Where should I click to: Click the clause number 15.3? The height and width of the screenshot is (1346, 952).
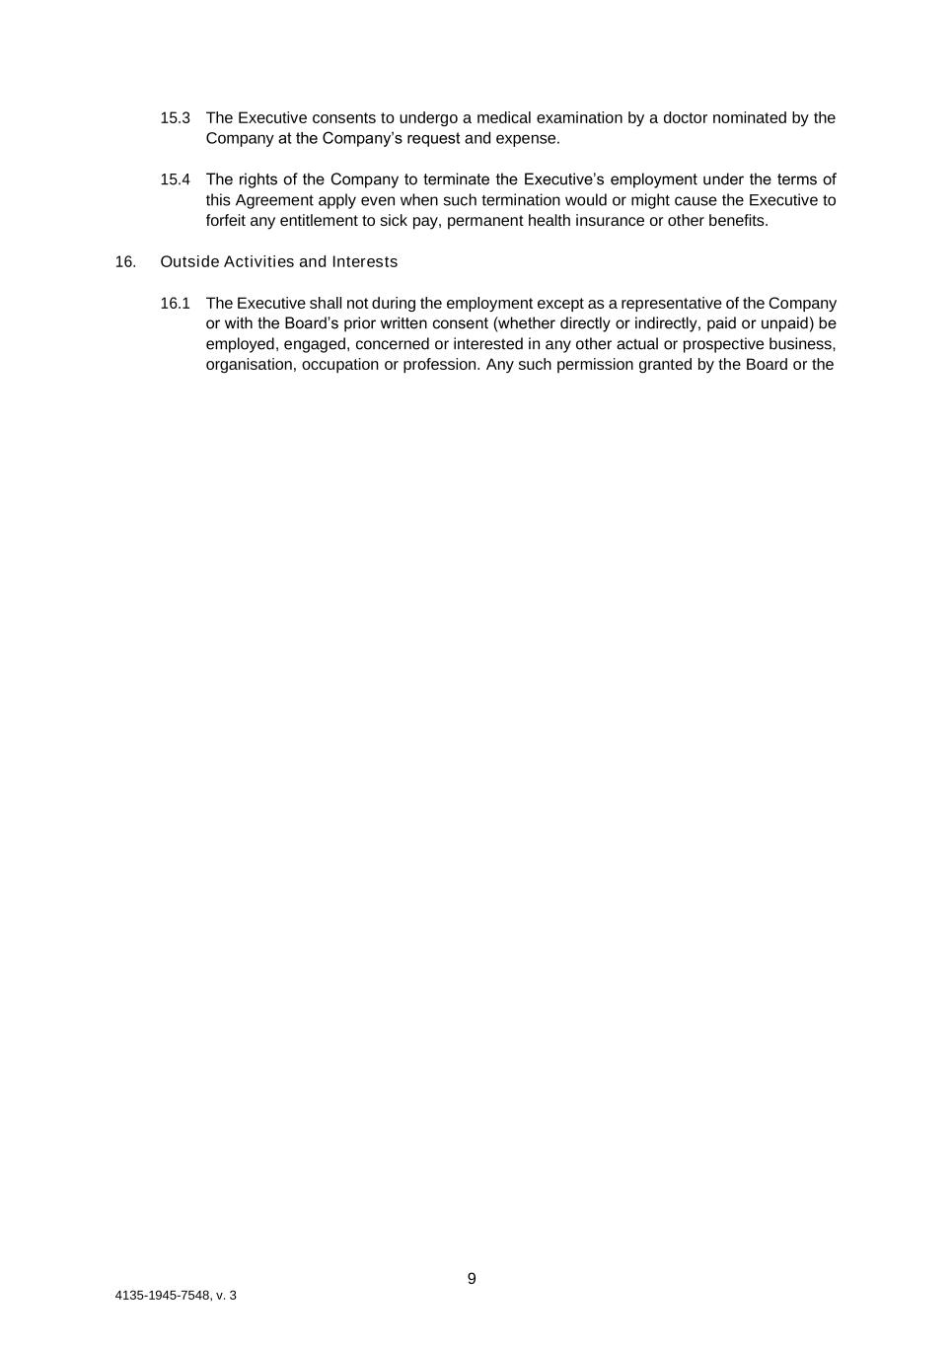pyautogui.click(x=175, y=118)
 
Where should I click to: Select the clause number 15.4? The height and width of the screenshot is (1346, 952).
pyautogui.click(x=175, y=179)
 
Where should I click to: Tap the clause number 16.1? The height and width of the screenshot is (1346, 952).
pyautogui.click(x=175, y=303)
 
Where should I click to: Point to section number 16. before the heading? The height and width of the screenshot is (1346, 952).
pyautogui.click(x=125, y=261)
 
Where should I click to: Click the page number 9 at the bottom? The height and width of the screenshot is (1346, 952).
pyautogui.click(x=472, y=1278)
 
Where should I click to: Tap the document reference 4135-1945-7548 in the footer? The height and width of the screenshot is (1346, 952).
pyautogui.click(x=162, y=1295)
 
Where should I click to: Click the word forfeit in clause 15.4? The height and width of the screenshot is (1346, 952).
pyautogui.click(x=229, y=220)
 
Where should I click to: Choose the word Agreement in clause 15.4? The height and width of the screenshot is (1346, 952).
pyautogui.click(x=272, y=200)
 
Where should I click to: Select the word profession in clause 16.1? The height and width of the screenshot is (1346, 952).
pyautogui.click(x=440, y=364)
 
